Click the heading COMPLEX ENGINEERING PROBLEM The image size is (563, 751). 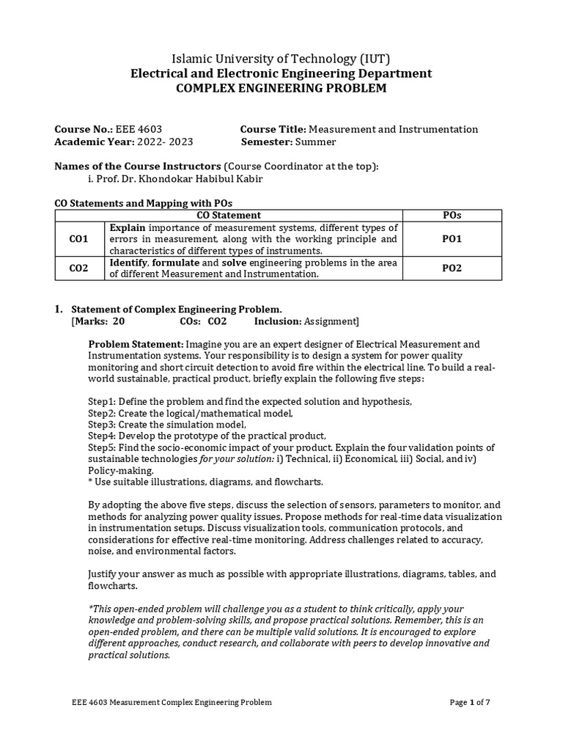pos(281,89)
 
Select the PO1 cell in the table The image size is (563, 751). pos(452,239)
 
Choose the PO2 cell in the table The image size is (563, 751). pos(452,268)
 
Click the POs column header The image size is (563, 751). pos(452,215)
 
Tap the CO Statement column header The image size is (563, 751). pos(229,215)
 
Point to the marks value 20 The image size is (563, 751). pos(119,321)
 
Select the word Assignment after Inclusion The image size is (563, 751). pos(331,321)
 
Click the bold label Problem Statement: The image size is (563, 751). pos(136,344)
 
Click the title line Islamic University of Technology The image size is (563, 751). pos(281,59)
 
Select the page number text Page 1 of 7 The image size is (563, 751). pos(470,702)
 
